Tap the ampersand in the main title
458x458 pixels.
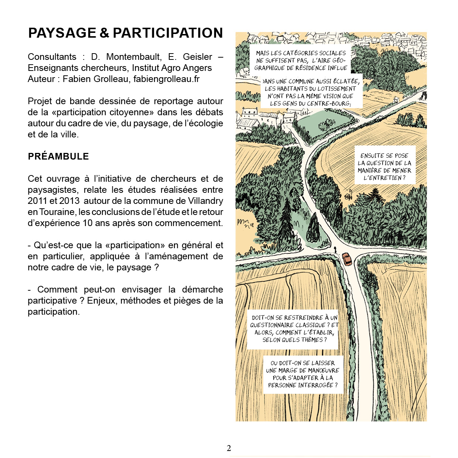pyautogui.click(x=105, y=33)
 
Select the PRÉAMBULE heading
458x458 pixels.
pyautogui.click(x=58, y=156)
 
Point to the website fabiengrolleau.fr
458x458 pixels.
pyautogui.click(x=167, y=79)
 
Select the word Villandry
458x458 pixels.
pyautogui.click(x=205, y=201)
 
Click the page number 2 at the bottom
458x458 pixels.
pyautogui.click(x=229, y=448)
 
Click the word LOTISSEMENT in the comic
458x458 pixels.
pyautogui.click(x=336, y=89)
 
